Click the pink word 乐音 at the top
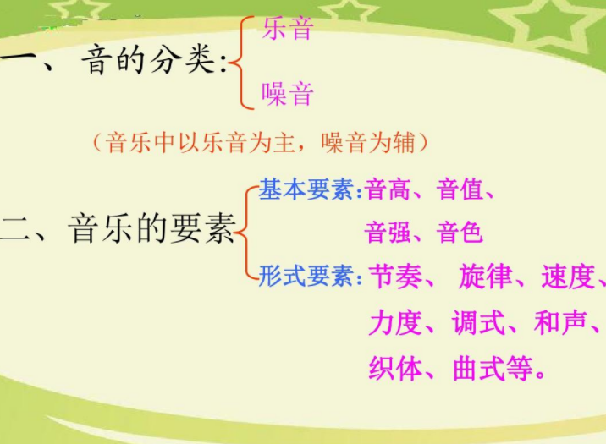(288, 28)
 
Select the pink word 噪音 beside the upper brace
(288, 94)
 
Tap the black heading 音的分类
(148, 60)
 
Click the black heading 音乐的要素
(151, 228)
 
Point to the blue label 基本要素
(306, 189)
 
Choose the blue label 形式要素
(306, 276)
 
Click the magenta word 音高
(388, 189)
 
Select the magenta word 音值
(460, 189)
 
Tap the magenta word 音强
(388, 233)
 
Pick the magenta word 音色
(460, 233)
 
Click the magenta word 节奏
(395, 277)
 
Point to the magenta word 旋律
(485, 277)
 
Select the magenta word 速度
(567, 277)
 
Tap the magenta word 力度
(395, 323)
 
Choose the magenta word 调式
(478, 323)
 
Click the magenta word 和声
(560, 323)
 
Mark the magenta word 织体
(395, 368)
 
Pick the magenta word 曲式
(478, 368)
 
